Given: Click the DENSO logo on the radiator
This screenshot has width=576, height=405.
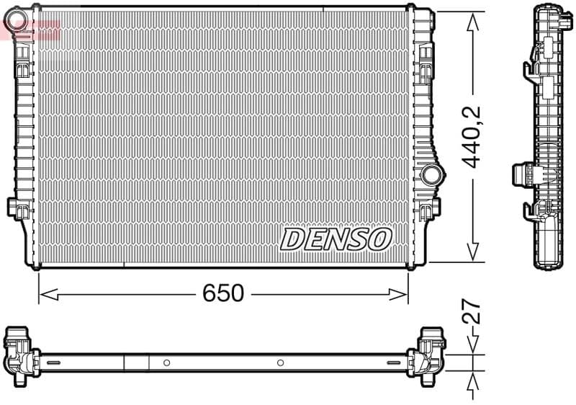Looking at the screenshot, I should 336,239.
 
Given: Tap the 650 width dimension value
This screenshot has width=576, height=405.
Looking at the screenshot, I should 223,293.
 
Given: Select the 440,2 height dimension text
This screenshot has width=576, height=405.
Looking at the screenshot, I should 472,137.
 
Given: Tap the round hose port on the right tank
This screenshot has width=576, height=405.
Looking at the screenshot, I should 431,174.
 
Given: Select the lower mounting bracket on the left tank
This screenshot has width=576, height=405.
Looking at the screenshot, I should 17,208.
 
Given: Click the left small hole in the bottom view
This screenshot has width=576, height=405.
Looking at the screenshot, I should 166,362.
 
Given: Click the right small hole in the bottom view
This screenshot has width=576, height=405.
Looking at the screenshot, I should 281,362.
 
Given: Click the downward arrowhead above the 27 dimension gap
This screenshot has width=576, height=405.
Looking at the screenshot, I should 472,347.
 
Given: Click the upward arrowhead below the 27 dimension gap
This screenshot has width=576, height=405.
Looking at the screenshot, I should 472,379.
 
